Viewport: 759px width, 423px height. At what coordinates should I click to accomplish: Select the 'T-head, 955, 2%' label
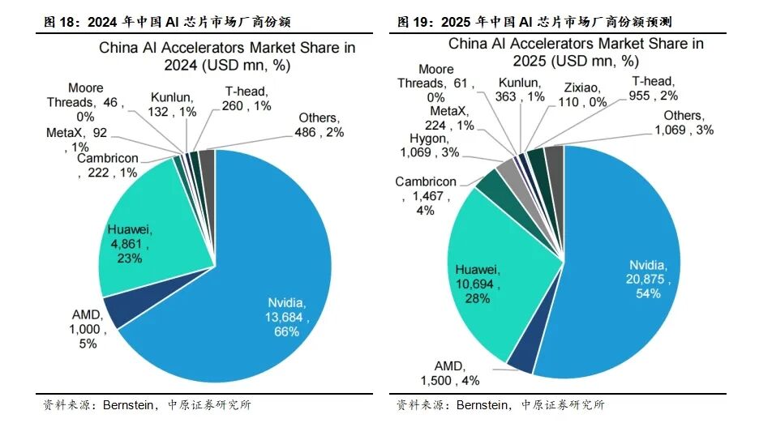point(655,88)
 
